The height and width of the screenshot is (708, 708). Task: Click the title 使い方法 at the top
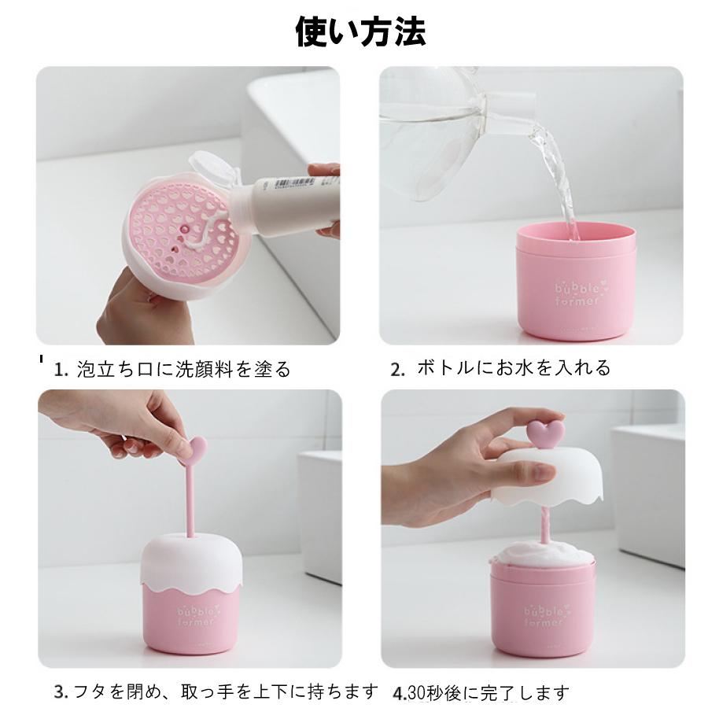pyautogui.click(x=360, y=32)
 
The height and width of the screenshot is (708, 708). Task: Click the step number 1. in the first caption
pyautogui.click(x=61, y=370)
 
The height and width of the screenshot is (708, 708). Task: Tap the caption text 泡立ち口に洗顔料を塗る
pyautogui.click(x=183, y=369)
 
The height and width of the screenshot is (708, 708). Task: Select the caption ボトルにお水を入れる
pyautogui.click(x=514, y=367)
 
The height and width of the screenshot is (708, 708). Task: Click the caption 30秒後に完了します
pyautogui.click(x=488, y=693)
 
